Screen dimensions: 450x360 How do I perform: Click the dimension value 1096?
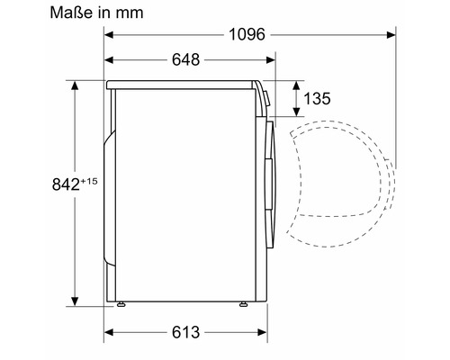[x=247, y=34]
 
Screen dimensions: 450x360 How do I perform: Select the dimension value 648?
[x=185, y=59]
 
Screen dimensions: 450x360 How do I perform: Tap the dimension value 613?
[x=185, y=332]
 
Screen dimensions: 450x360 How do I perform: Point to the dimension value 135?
[x=317, y=98]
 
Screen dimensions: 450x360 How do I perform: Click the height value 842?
[x=66, y=184]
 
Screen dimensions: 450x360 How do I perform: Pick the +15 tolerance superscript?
[x=89, y=181]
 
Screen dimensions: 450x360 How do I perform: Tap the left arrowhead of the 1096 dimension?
[x=109, y=35]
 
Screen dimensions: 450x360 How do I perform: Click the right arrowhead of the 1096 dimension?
[x=391, y=35]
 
